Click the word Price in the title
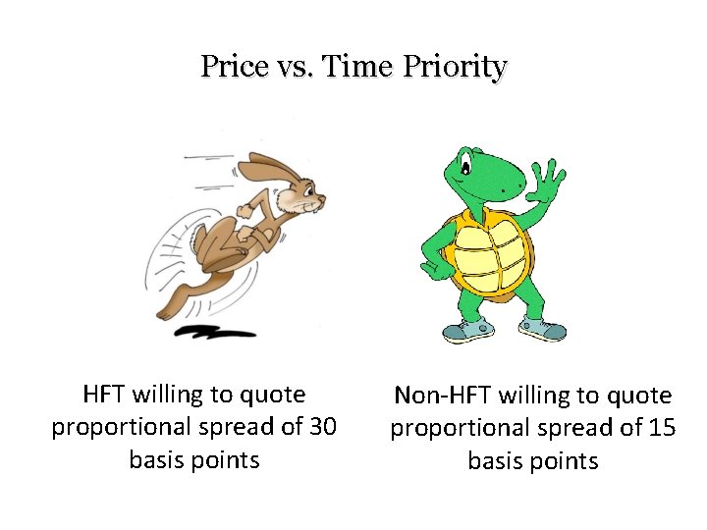pos(232,67)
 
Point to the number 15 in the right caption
pos(658,428)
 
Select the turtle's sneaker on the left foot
pos(467,330)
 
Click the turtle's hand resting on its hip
pos(431,265)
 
